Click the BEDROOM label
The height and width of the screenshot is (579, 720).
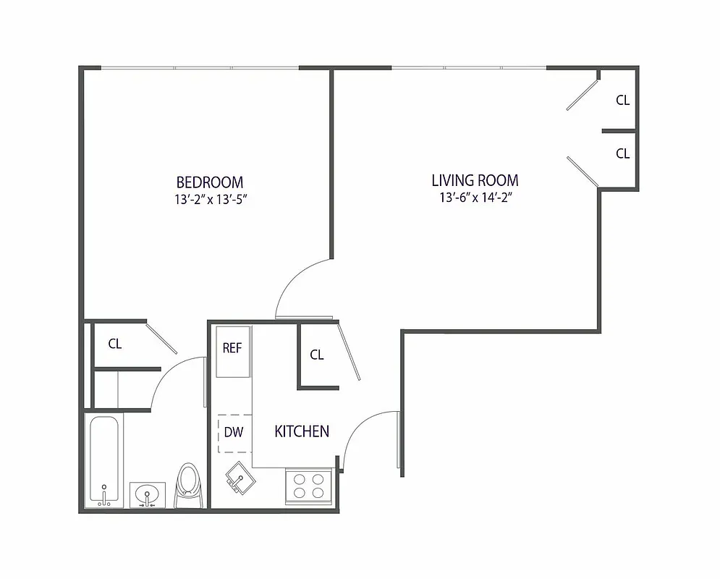point(210,182)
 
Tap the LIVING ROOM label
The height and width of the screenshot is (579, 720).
point(475,180)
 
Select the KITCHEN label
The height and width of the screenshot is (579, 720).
point(302,431)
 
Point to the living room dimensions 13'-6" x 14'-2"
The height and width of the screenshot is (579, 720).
point(475,198)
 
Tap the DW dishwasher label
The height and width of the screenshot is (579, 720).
point(233,432)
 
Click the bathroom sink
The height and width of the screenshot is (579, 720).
point(147,496)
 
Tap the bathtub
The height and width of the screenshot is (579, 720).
point(105,460)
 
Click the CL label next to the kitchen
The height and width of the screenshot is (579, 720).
point(317,355)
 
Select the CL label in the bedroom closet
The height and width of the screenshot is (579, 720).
point(114,344)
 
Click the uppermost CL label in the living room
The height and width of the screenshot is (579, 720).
point(622,101)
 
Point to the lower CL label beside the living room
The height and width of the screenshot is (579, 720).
point(622,153)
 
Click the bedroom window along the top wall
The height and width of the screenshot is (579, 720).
point(200,69)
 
